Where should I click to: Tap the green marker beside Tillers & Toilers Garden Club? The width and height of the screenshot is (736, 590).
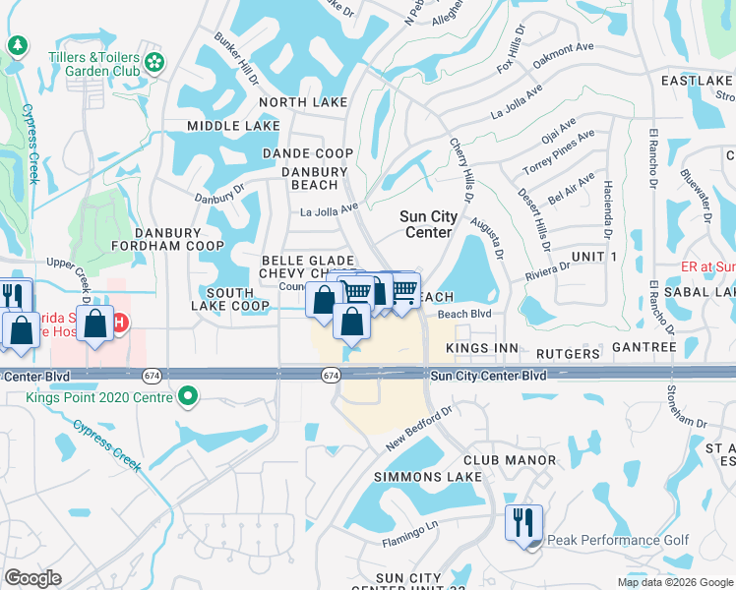[x=153, y=63]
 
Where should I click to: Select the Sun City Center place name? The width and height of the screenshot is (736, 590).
[x=426, y=224]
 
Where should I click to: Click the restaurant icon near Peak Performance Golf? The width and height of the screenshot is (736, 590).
[x=523, y=521]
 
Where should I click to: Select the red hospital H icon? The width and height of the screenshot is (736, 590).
[x=120, y=323]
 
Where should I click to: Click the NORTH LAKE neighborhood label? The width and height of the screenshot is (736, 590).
[x=303, y=102]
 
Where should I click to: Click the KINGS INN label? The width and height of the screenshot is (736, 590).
[x=482, y=349]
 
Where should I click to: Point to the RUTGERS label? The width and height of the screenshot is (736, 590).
[x=568, y=353]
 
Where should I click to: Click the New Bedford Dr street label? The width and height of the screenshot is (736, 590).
[x=418, y=428]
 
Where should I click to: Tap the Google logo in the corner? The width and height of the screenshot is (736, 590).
[x=32, y=578]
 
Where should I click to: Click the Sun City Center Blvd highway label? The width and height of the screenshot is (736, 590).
[x=486, y=376]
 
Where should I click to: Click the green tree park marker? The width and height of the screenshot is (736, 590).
[x=17, y=45]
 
